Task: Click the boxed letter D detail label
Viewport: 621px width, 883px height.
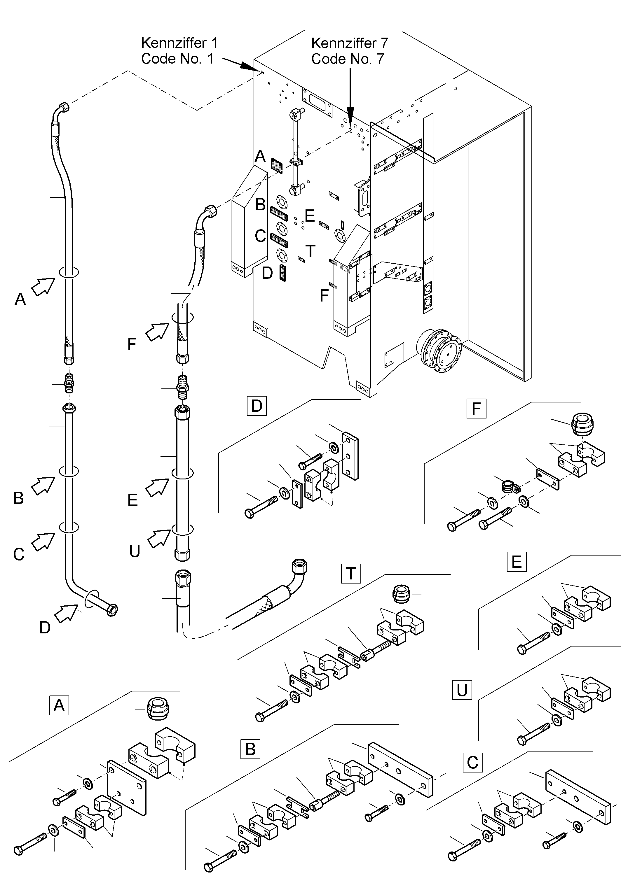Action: pos(256,406)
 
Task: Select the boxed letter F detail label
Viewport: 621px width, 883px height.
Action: pos(476,409)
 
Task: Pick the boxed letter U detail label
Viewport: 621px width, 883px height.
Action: pos(462,690)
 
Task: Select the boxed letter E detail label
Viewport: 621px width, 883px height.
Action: pos(516,562)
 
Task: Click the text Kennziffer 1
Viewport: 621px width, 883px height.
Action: pos(179,43)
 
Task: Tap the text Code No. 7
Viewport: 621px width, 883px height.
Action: pos(348,59)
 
